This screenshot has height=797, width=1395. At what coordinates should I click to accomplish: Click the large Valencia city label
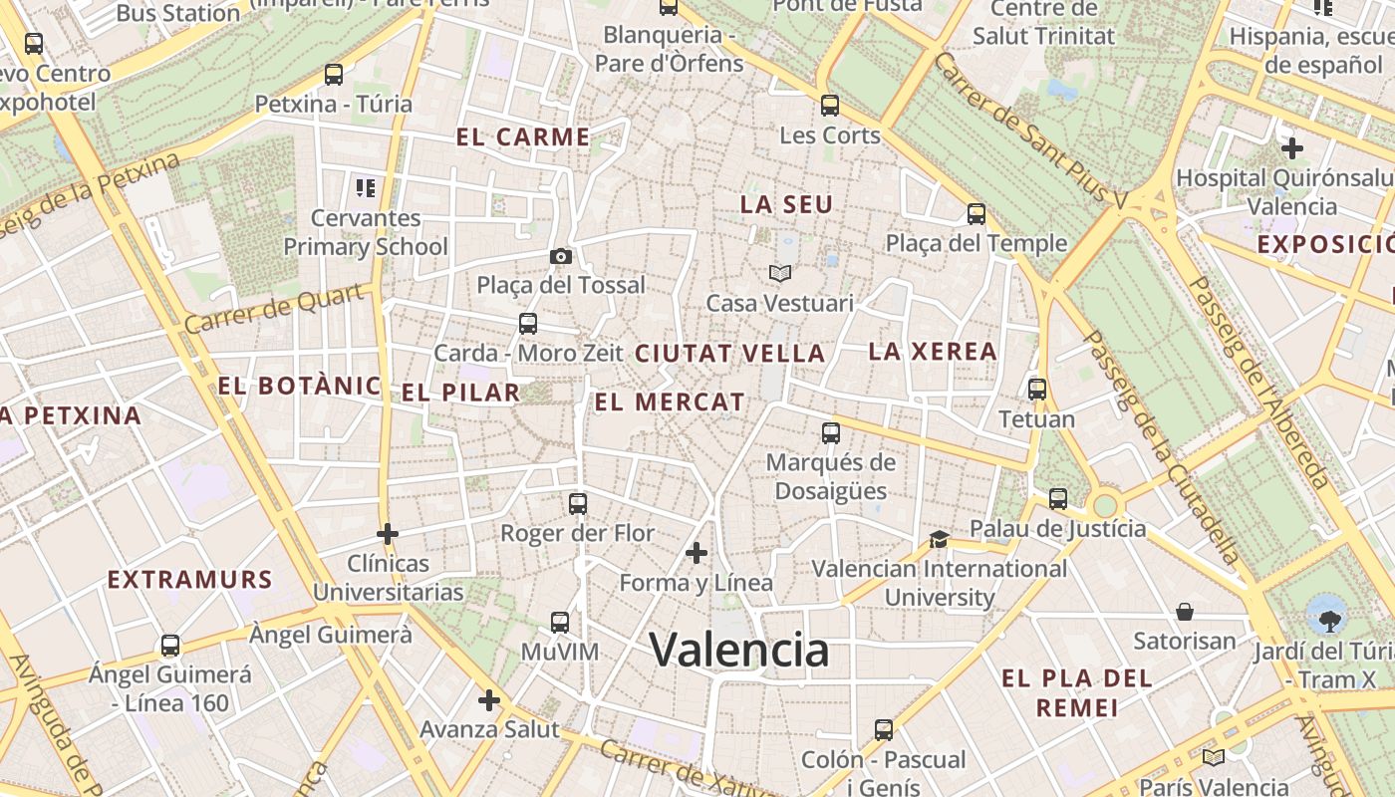[x=738, y=651]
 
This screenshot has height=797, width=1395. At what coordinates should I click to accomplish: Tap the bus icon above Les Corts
[x=830, y=105]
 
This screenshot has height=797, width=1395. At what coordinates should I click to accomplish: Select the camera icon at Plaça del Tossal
[x=560, y=256]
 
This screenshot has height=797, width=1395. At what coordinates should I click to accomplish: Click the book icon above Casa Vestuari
[x=779, y=273]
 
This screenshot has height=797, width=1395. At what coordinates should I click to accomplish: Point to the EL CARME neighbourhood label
[x=523, y=137]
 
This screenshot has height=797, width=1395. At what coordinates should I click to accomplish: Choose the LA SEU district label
[x=786, y=204]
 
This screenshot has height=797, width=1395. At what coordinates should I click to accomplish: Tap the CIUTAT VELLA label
[x=729, y=353]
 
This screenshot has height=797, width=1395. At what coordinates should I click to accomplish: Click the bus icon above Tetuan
[x=1036, y=390]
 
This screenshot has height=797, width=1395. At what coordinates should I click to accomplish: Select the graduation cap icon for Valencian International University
[x=939, y=539]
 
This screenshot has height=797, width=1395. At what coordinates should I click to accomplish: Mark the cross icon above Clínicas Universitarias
[x=388, y=534]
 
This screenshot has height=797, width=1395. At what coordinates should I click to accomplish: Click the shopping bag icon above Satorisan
[x=1185, y=611]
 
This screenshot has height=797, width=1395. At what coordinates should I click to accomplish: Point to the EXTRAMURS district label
[x=189, y=579]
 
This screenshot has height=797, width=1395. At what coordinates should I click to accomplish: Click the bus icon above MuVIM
[x=560, y=623]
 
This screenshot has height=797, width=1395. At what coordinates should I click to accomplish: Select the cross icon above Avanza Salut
[x=488, y=700]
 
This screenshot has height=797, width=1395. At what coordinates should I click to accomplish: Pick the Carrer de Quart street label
[x=274, y=310]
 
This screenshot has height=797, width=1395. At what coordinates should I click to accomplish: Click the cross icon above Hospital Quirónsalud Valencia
[x=1292, y=148]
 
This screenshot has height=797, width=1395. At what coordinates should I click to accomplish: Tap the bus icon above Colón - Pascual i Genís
[x=883, y=730]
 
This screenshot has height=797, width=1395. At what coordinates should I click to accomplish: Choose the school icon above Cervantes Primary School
[x=365, y=187]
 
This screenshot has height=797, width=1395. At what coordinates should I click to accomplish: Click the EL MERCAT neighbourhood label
[x=669, y=402]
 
